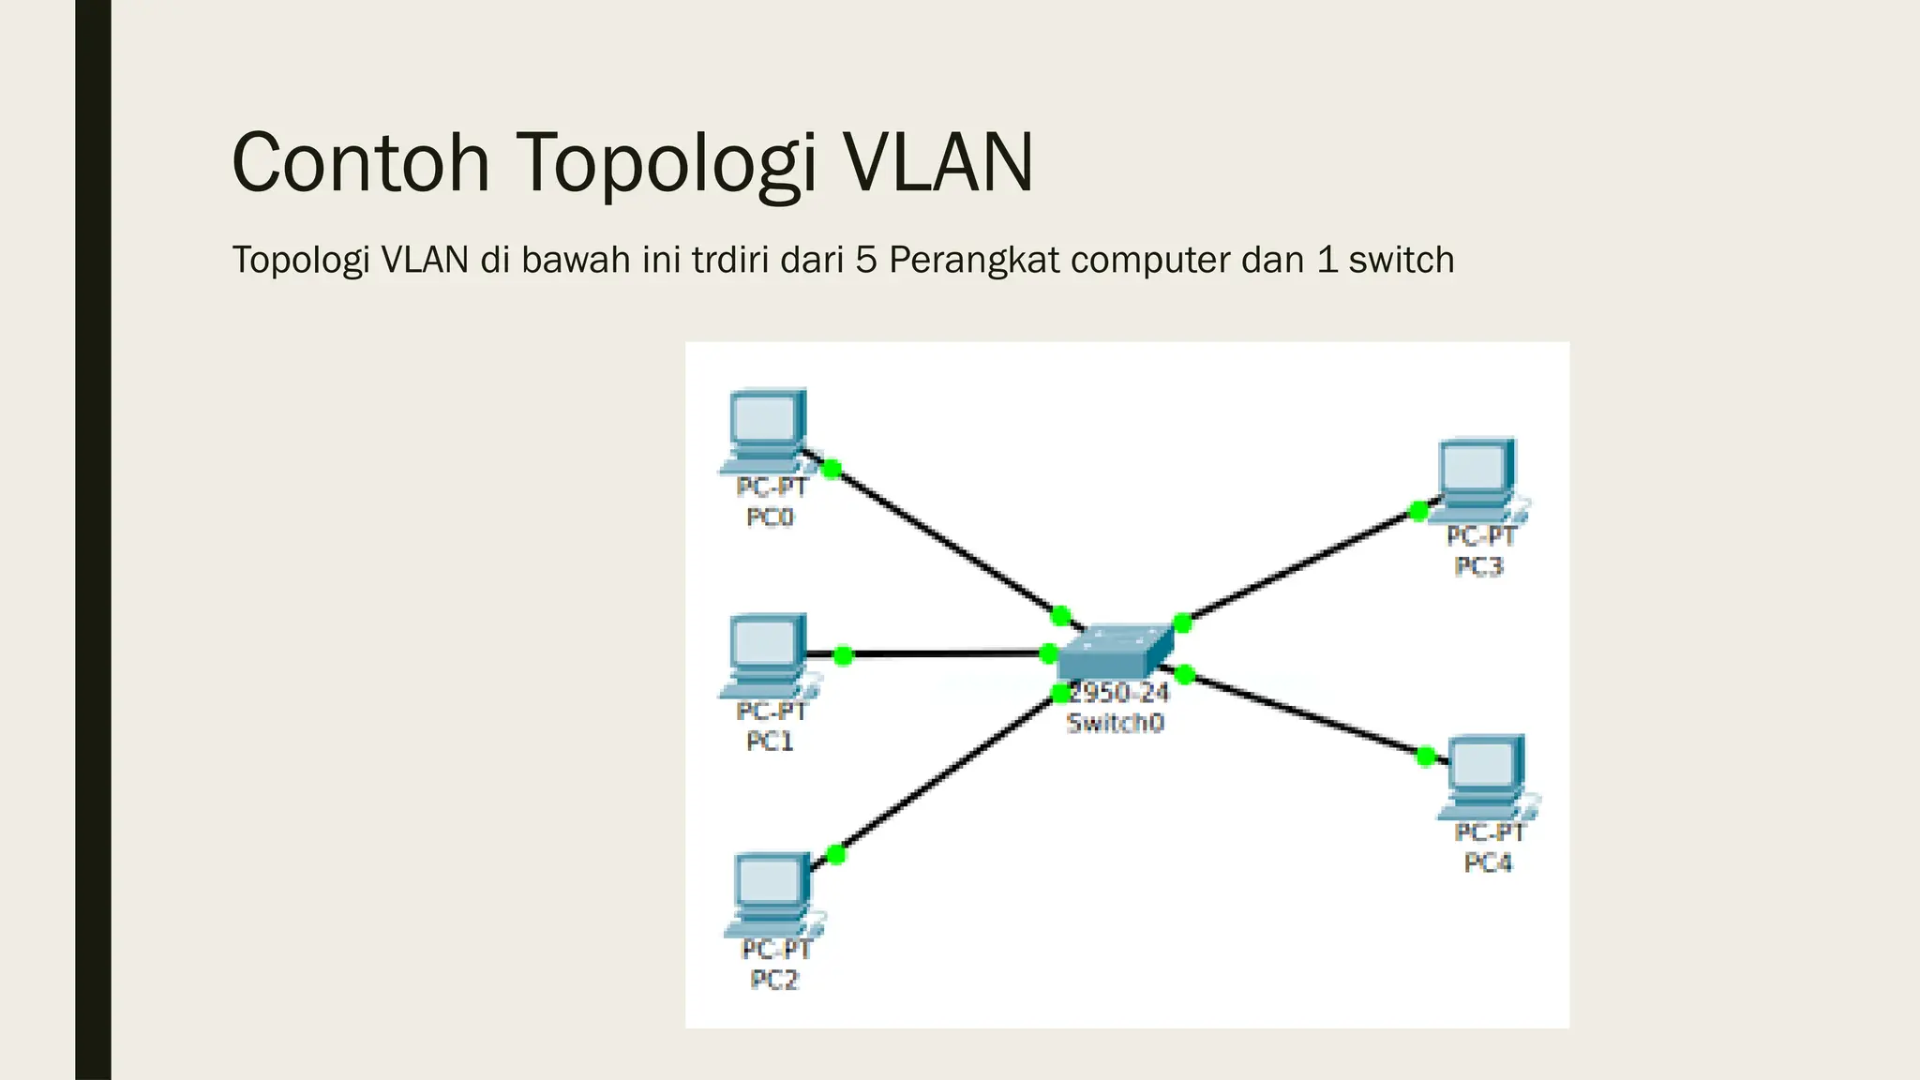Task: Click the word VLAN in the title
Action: tap(937, 163)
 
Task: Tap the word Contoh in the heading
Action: tap(361, 163)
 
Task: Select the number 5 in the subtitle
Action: tap(865, 260)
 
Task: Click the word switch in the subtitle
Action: tap(1401, 260)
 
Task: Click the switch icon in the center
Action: tap(1115, 651)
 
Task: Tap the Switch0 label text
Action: tap(1115, 723)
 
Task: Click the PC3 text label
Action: tap(1478, 566)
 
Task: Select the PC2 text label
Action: tap(774, 980)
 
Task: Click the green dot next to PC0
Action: tap(831, 469)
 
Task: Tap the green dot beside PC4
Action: tap(1426, 756)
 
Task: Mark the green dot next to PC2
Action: tap(836, 854)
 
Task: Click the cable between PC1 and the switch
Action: tap(947, 653)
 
